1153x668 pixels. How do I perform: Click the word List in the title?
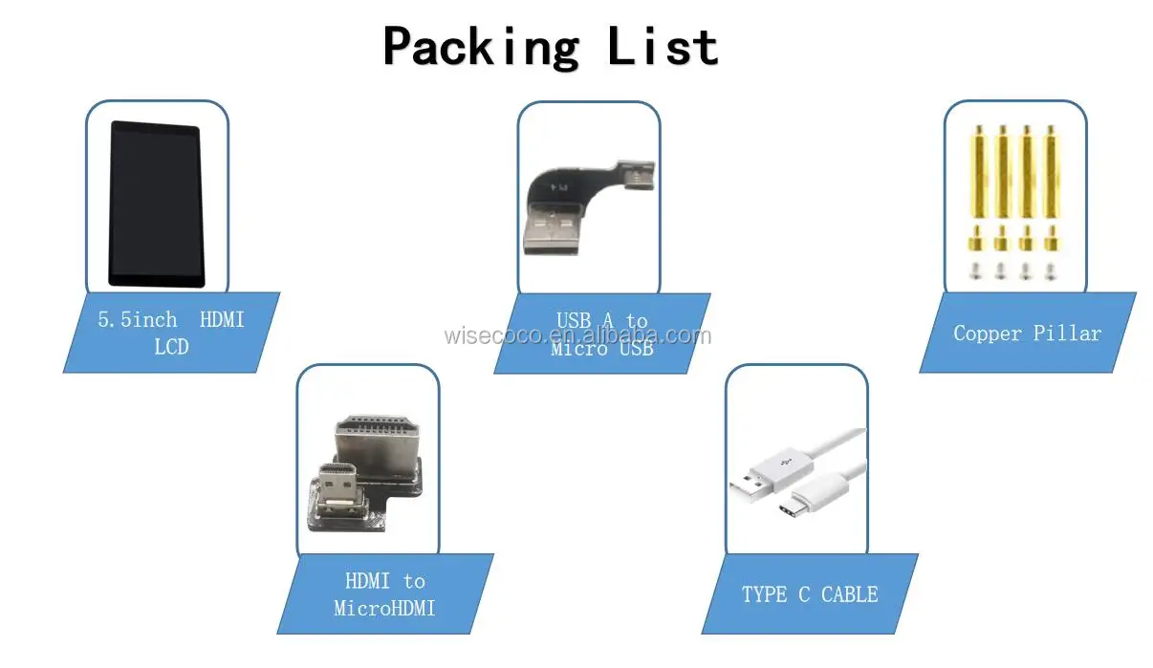point(663,47)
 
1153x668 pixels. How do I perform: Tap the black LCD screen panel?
point(155,204)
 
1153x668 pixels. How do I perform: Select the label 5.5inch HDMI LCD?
point(170,333)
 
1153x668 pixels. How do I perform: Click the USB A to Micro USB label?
point(601,334)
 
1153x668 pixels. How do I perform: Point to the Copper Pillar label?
point(1027,334)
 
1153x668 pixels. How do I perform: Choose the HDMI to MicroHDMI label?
point(384,593)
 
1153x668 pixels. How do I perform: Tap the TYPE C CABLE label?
point(809,594)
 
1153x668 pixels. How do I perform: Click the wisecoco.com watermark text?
point(577,335)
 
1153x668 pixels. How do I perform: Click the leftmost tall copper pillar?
point(977,172)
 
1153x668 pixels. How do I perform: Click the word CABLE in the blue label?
point(849,594)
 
